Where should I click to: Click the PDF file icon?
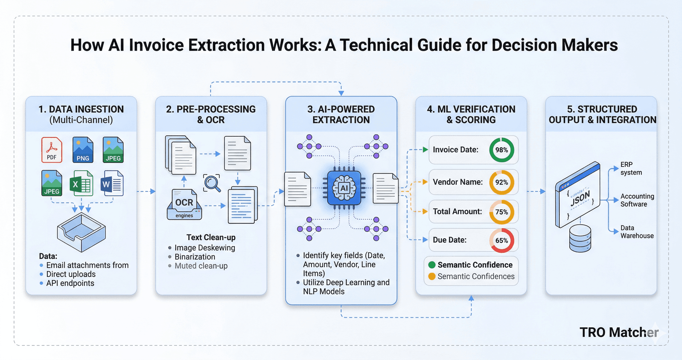point(52,150)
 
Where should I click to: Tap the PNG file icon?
point(83,150)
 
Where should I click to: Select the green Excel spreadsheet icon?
point(81,183)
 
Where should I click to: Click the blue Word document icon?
point(112,183)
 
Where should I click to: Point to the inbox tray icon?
point(81,233)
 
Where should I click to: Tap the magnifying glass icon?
point(212,183)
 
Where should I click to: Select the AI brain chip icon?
point(344,188)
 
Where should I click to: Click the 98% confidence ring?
point(501,150)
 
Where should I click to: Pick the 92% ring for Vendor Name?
point(501,182)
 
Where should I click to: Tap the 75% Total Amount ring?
point(501,212)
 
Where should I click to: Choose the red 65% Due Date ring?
point(501,240)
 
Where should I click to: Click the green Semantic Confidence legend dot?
point(432,265)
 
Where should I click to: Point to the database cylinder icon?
point(580,238)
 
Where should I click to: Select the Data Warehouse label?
point(637,232)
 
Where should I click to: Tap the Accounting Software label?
point(637,200)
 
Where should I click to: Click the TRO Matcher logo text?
point(618,332)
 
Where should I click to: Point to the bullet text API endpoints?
point(70,283)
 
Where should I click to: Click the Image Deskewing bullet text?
point(205,248)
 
